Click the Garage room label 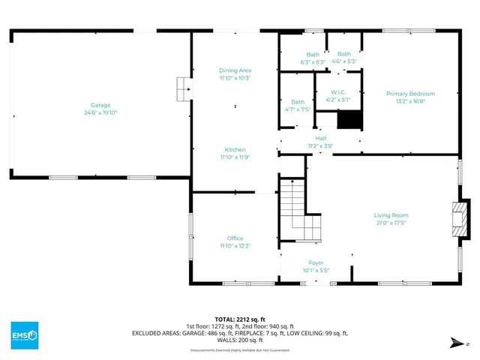tap(100, 105)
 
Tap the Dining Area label tap(235, 70)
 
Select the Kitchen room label tap(235, 150)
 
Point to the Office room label tap(235, 238)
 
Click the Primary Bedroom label tap(410, 94)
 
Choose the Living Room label tap(391, 215)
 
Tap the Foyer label tap(316, 263)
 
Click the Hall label tap(320, 139)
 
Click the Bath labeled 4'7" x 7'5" tap(298, 102)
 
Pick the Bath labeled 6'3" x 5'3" tap(312, 54)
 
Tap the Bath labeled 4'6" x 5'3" tap(343, 54)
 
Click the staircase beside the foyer tap(296, 206)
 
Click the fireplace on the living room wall tap(457, 217)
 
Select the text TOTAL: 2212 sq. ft tap(239, 319)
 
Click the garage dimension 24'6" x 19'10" tap(100, 112)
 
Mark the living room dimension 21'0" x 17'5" tap(391, 223)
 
